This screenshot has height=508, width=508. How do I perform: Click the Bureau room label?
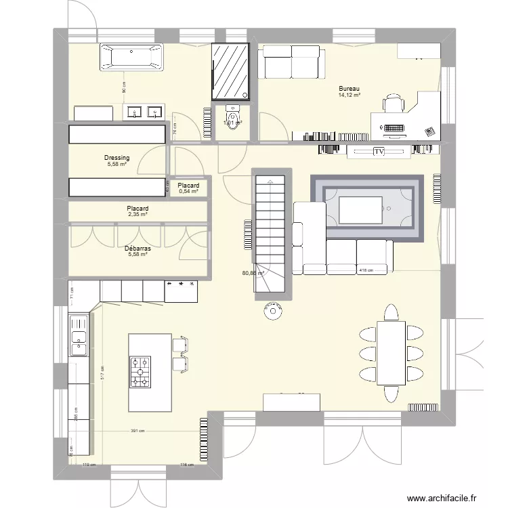click(350, 89)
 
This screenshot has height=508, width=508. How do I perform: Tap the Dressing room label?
click(117, 158)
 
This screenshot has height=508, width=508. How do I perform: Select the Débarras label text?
click(137, 249)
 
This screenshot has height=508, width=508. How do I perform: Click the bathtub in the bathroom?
click(132, 57)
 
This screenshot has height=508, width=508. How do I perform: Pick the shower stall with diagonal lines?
click(230, 72)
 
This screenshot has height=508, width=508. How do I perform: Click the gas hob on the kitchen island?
click(140, 372)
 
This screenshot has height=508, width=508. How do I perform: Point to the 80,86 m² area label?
click(252, 274)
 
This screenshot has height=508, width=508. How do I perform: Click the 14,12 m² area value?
click(350, 96)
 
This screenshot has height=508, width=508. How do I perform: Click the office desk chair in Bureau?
click(394, 105)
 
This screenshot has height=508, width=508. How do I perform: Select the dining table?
click(390, 352)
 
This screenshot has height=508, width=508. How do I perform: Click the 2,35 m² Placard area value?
click(137, 215)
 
